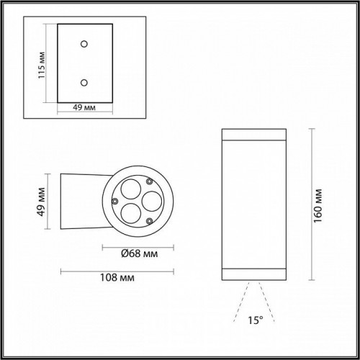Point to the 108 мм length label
(x=118, y=278)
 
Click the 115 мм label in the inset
(x=42, y=66)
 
